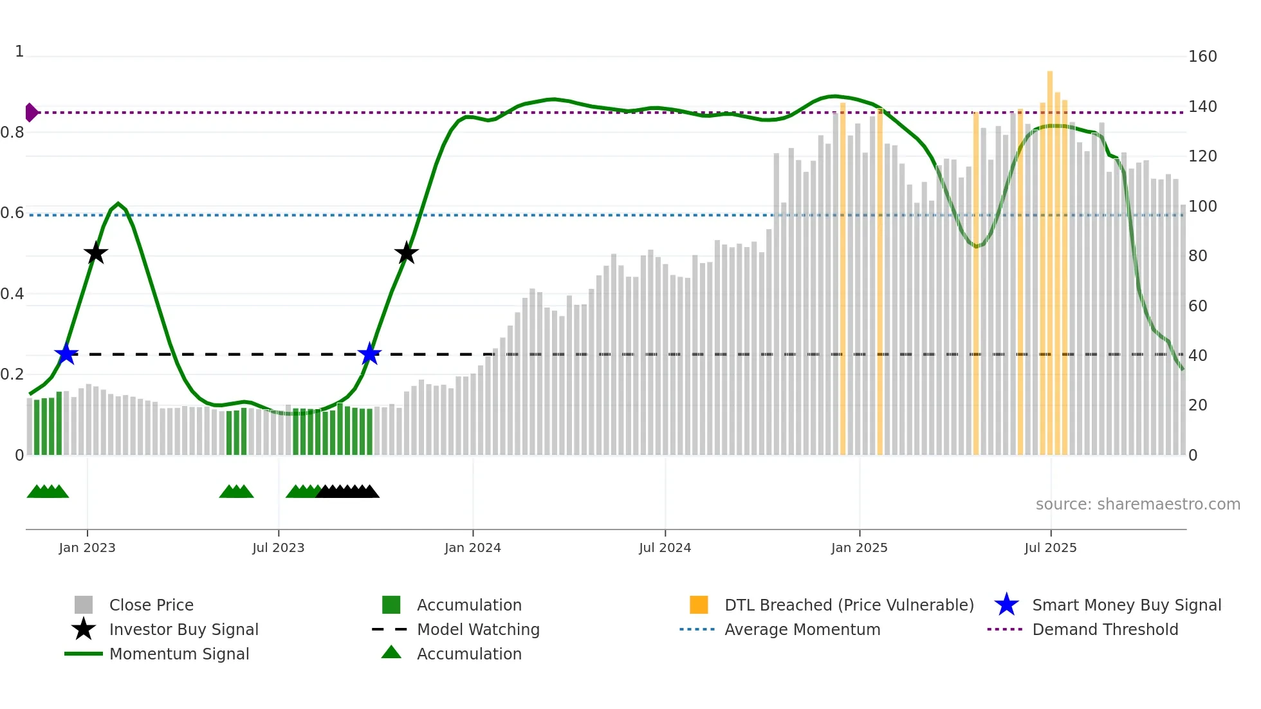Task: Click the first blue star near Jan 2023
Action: click(x=66, y=354)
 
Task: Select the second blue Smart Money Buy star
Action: click(x=369, y=354)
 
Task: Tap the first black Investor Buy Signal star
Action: click(x=96, y=253)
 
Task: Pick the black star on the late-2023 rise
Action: click(x=406, y=253)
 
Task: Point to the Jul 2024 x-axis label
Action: click(x=665, y=548)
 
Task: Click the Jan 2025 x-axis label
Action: click(x=859, y=548)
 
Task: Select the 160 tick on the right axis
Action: click(x=1202, y=57)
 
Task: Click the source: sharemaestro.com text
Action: click(x=1137, y=504)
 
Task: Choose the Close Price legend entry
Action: click(x=151, y=605)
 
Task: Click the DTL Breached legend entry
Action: click(x=849, y=605)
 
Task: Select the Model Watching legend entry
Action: click(x=477, y=629)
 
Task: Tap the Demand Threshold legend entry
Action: click(x=1105, y=629)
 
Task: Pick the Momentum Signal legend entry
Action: click(x=179, y=654)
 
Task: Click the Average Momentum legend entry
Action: click(x=802, y=629)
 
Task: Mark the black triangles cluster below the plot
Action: click(x=347, y=492)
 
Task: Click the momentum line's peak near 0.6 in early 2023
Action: click(x=118, y=204)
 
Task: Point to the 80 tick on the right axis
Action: click(x=1197, y=256)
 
